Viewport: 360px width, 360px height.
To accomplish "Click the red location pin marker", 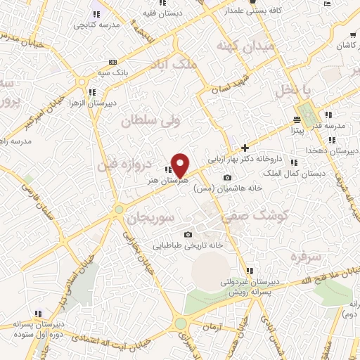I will point(181,164).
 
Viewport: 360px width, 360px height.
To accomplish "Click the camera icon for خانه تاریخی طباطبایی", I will point(187,235).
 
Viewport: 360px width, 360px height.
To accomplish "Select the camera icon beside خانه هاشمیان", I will point(227,177).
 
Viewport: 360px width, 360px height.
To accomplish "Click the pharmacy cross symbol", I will point(245,148).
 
